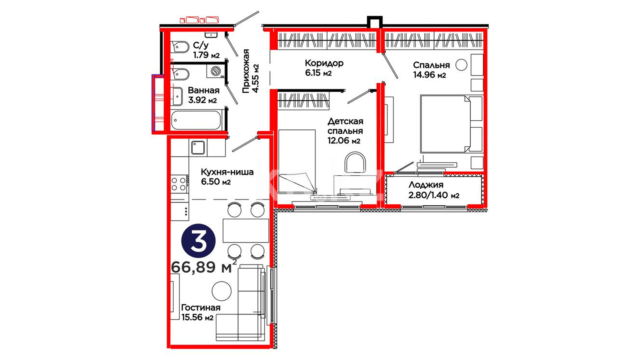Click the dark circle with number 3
pyautogui.click(x=198, y=241)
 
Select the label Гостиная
pyautogui.click(x=201, y=308)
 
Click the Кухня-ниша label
pyautogui.click(x=227, y=172)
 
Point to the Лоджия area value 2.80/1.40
pyautogui.click(x=428, y=195)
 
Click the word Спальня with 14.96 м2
pyautogui.click(x=431, y=65)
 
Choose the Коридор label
pyautogui.click(x=324, y=63)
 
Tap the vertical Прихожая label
pyautogui.click(x=246, y=71)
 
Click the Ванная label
pyautogui.click(x=204, y=90)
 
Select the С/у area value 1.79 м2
pyautogui.click(x=206, y=55)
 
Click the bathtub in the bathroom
pyautogui.click(x=196, y=120)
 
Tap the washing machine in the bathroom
pyautogui.click(x=215, y=71)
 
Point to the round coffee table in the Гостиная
pyautogui.click(x=222, y=291)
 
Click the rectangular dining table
pyautogui.click(x=246, y=230)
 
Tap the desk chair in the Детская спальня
pyautogui.click(x=355, y=163)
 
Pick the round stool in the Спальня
pyautogui.click(x=461, y=65)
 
